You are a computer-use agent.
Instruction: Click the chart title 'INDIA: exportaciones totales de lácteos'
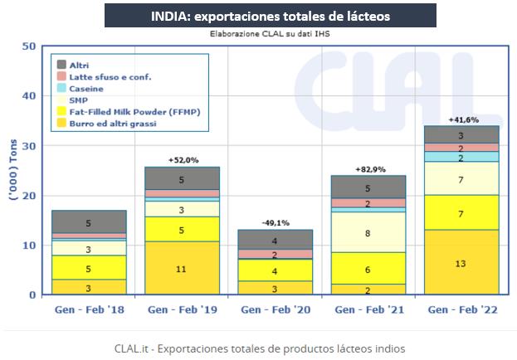pos(258,15)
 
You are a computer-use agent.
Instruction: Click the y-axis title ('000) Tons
pos(11,170)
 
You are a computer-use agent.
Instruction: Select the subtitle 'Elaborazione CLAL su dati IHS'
pos(258,35)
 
